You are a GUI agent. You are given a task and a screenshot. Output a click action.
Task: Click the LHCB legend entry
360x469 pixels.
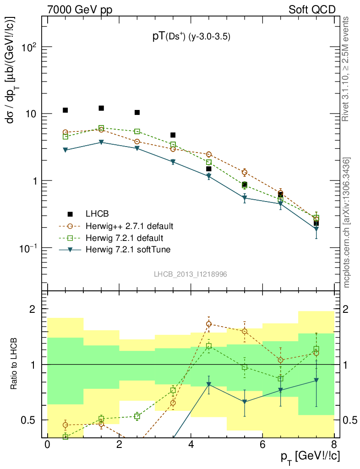coord(97,214)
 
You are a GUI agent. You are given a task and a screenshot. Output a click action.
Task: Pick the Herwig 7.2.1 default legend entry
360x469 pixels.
coord(124,238)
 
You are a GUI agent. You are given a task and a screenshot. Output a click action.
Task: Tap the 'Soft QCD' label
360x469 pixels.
coord(311,9)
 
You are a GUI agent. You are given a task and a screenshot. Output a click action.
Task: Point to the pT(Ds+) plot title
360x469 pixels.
coord(191,37)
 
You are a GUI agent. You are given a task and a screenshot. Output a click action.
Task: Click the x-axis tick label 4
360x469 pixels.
coord(191,444)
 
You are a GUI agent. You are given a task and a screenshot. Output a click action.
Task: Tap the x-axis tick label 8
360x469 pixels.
coord(334,444)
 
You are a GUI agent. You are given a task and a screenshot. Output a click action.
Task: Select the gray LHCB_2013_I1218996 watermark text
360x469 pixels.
coord(191,274)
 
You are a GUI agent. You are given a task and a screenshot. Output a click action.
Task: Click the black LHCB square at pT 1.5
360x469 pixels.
coord(101,108)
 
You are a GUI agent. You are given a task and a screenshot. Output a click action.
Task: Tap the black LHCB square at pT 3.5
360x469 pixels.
coord(173,135)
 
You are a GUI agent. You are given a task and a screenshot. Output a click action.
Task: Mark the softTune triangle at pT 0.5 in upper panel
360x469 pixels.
coord(65,150)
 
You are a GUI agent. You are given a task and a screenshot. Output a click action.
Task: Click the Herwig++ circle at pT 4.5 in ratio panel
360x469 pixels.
coord(209,324)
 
